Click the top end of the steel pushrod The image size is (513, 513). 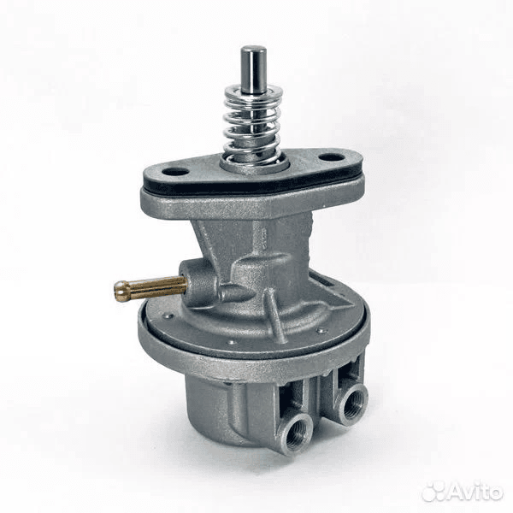[253, 50]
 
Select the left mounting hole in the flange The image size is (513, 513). [175, 172]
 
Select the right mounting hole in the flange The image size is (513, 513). [332, 157]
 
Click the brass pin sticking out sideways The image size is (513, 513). [150, 289]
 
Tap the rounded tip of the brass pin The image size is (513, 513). [120, 292]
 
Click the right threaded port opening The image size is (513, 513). [353, 403]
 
